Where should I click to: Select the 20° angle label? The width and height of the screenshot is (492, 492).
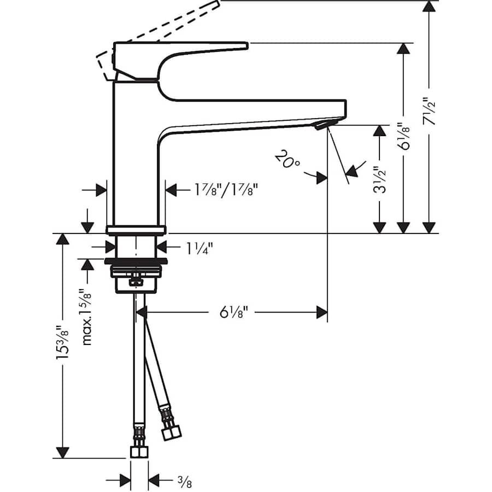click(x=288, y=160)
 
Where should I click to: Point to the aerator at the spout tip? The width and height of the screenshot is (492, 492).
click(x=321, y=126)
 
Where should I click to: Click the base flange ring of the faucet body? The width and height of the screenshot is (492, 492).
click(x=136, y=229)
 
